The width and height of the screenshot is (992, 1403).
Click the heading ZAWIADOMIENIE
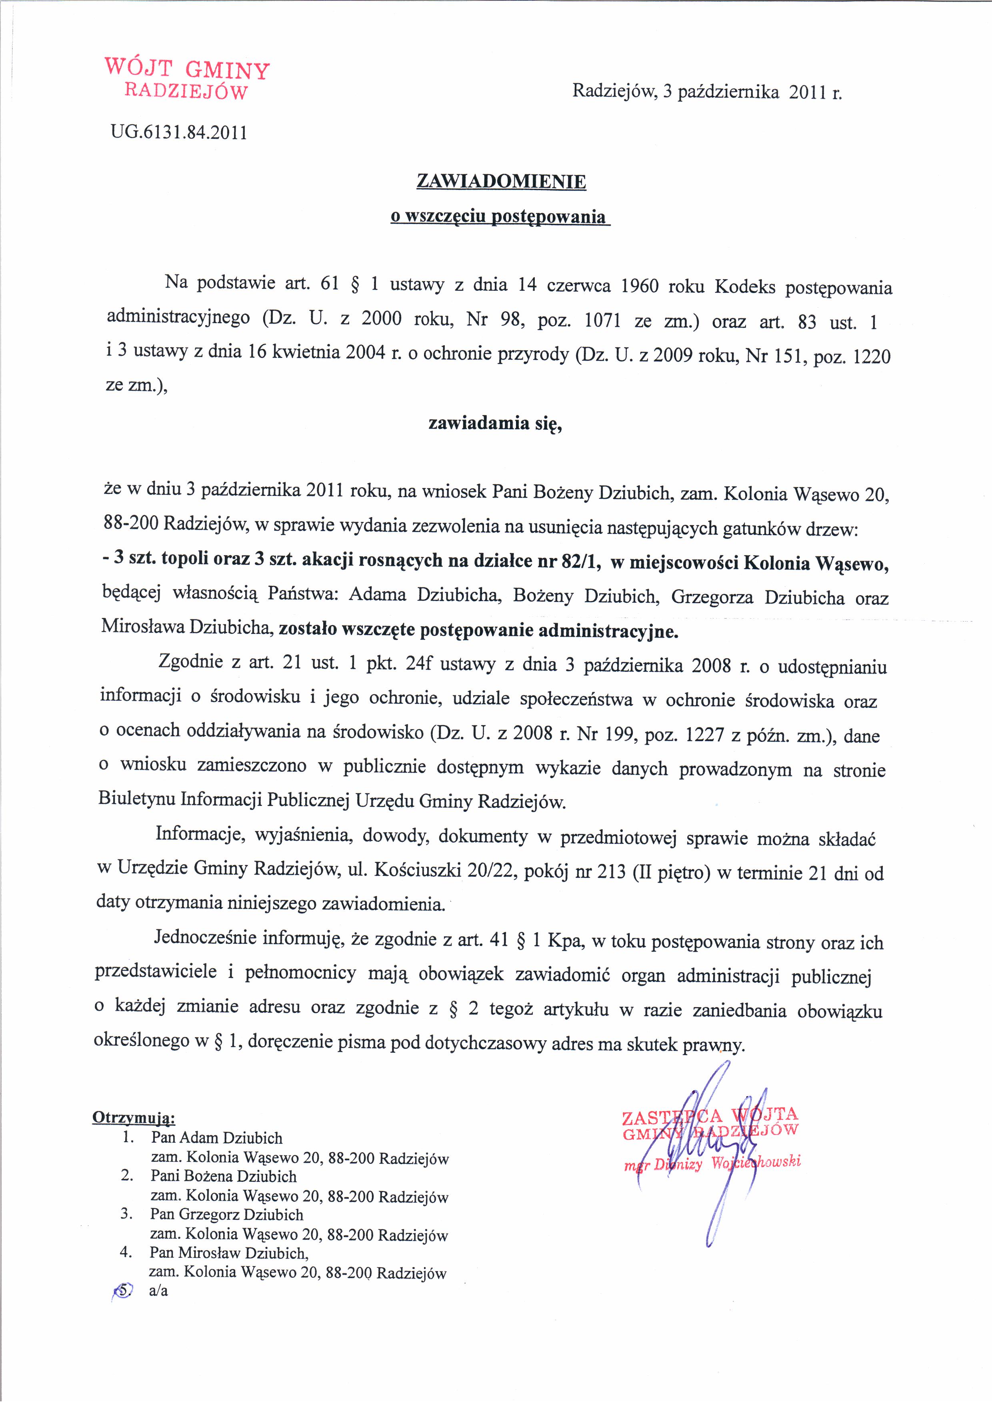(x=500, y=182)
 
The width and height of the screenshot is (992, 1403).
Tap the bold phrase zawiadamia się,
(x=495, y=424)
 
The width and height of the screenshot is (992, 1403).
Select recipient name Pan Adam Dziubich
(x=217, y=1138)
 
